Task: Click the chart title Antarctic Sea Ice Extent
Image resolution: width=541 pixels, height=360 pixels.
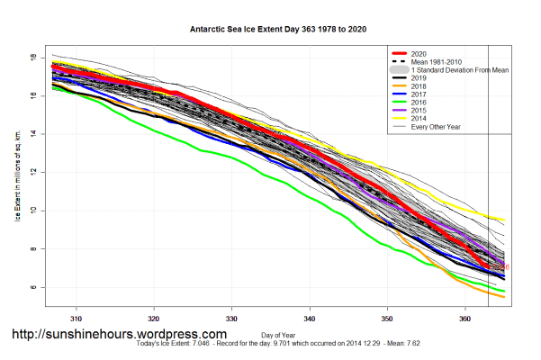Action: click(x=270, y=29)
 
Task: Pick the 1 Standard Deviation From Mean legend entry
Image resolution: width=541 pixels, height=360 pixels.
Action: click(x=459, y=69)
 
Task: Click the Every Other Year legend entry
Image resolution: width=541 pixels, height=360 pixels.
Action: click(x=437, y=127)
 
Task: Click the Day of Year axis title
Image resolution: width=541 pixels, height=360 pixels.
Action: click(x=270, y=337)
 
